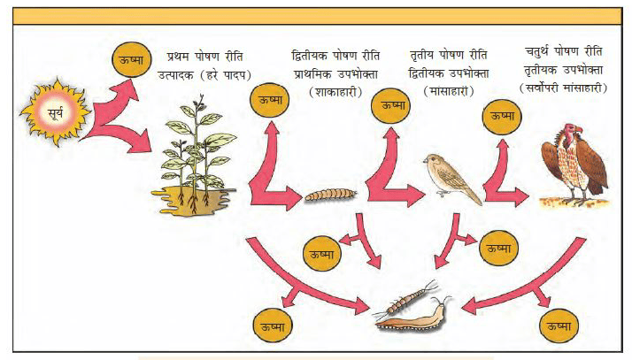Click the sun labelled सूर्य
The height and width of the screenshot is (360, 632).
(x=55, y=111)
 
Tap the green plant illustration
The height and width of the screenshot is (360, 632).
(x=194, y=153)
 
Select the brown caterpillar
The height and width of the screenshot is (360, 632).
(x=330, y=195)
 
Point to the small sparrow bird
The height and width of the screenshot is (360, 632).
(x=453, y=177)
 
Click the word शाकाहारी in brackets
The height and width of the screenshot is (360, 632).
(x=335, y=92)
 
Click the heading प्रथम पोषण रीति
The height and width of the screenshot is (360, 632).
(x=204, y=57)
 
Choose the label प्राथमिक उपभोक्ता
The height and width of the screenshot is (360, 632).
(x=335, y=74)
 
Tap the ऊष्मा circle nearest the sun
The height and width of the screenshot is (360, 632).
(x=131, y=59)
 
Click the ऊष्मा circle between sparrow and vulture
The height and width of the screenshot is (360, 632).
(x=502, y=116)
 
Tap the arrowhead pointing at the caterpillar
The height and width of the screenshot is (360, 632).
(x=294, y=197)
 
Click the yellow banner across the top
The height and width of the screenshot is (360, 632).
(x=317, y=16)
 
